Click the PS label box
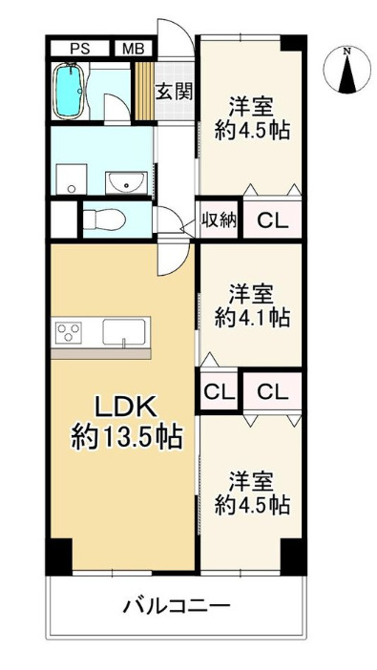click(79, 49)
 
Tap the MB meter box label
click(134, 49)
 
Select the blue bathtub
click(68, 91)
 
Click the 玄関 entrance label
click(173, 92)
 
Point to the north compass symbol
click(347, 70)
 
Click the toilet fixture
click(104, 220)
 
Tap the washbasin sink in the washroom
click(126, 182)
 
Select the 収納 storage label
click(219, 220)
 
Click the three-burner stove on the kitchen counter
click(69, 332)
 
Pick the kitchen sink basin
click(123, 332)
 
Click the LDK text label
click(126, 409)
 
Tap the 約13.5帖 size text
click(127, 437)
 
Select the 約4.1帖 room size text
click(252, 319)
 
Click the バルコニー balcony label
click(177, 605)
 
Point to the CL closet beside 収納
click(272, 221)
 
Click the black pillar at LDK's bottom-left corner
click(58, 556)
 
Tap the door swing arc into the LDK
click(174, 260)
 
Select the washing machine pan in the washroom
click(72, 179)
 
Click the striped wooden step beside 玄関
click(145, 91)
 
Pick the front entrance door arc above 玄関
click(176, 38)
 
